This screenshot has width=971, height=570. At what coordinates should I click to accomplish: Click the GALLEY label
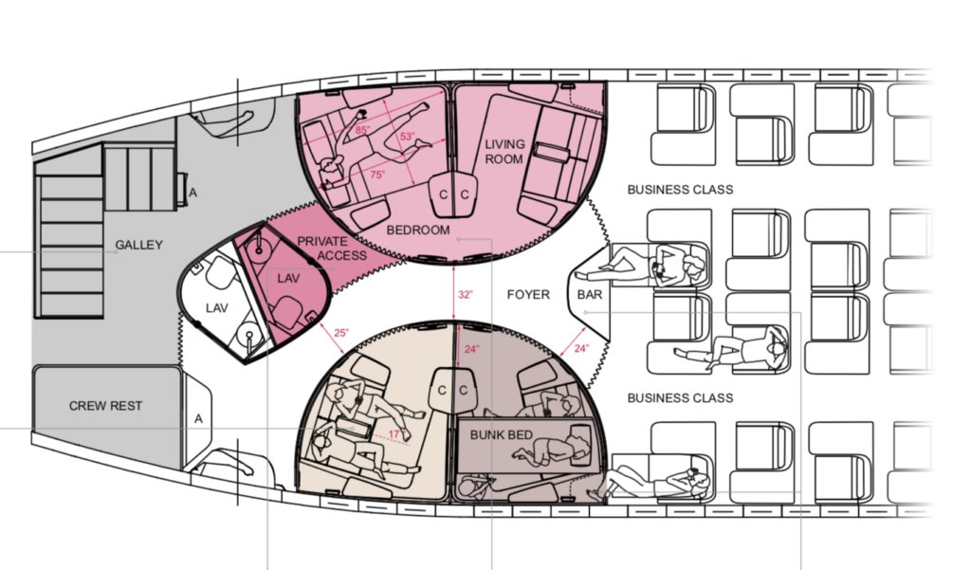click(x=139, y=245)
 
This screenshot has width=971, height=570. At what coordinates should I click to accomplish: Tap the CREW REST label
click(x=106, y=406)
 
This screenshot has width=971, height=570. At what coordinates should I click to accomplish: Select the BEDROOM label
click(x=418, y=230)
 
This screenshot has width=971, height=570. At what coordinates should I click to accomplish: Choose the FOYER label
click(x=528, y=295)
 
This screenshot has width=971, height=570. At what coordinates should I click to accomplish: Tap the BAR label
click(x=589, y=295)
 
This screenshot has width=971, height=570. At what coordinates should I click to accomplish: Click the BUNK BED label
click(x=503, y=434)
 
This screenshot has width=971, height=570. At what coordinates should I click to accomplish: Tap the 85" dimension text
click(x=362, y=130)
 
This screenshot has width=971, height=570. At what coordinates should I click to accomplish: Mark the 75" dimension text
click(x=377, y=175)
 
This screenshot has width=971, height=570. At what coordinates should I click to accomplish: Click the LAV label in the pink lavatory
click(x=287, y=279)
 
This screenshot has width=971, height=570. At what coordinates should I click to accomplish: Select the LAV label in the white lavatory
click(x=219, y=308)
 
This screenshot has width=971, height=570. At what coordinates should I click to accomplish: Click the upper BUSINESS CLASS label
click(x=680, y=190)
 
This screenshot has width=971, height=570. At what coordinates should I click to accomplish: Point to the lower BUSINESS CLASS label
click(x=681, y=397)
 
